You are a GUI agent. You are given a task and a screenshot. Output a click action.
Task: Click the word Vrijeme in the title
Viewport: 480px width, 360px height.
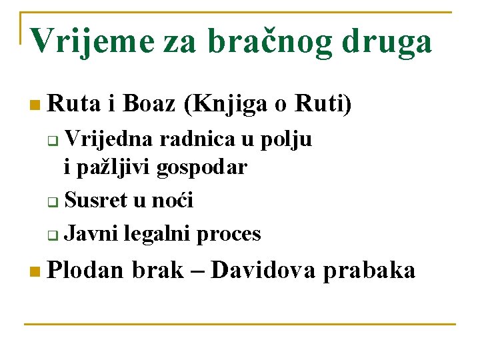(x=92, y=42)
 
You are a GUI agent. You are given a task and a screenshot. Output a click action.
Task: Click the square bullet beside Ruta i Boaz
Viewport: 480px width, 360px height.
(x=35, y=105)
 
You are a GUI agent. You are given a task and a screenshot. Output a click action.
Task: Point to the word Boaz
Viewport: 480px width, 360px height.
(x=149, y=103)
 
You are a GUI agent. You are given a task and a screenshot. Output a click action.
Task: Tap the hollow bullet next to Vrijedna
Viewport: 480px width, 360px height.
(x=53, y=141)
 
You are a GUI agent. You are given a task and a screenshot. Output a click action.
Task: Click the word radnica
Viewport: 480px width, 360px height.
(x=197, y=139)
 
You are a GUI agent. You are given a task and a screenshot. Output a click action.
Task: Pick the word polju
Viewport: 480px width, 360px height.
(x=286, y=140)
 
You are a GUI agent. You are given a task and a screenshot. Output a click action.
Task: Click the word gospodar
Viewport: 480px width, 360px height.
(x=202, y=168)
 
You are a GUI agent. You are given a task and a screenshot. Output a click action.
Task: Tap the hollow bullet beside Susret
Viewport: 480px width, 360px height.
(x=53, y=202)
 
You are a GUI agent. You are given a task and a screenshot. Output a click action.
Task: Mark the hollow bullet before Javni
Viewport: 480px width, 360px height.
(x=53, y=235)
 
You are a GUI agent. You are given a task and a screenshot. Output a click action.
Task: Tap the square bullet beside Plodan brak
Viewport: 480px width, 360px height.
(x=35, y=271)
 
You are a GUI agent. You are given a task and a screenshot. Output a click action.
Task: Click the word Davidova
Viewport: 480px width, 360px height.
(x=263, y=270)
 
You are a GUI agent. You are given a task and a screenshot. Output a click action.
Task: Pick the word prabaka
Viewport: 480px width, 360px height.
(x=369, y=271)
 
